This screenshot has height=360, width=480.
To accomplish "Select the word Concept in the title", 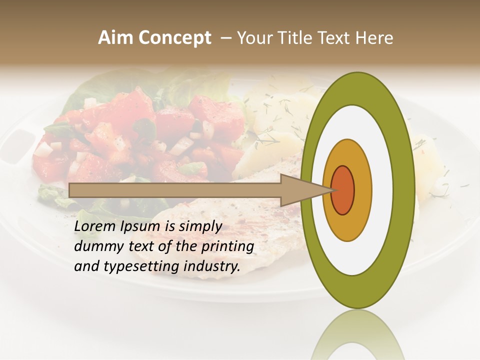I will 174,38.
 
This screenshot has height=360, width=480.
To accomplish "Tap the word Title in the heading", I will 294,38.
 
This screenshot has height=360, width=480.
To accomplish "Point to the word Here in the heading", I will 373,38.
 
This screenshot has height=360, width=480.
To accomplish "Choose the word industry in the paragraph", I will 212,267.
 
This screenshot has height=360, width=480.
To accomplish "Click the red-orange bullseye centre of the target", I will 342,190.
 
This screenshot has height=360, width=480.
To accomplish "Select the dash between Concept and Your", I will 225,38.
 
